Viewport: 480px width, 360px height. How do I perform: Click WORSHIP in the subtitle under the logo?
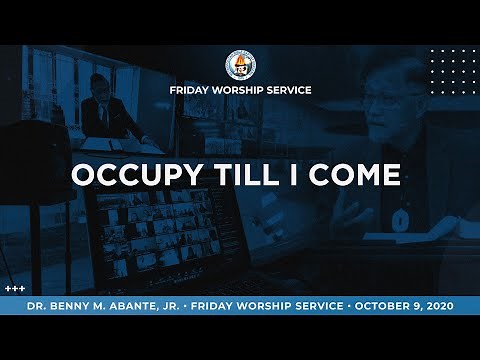pos(241,90)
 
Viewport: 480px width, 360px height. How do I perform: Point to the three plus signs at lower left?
pos(14,288)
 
